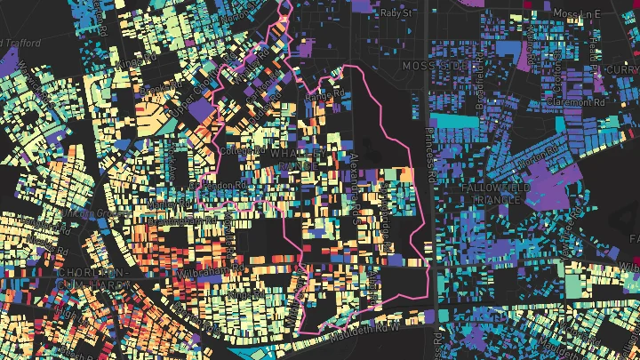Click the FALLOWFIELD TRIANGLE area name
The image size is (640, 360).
click(x=495, y=196)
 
